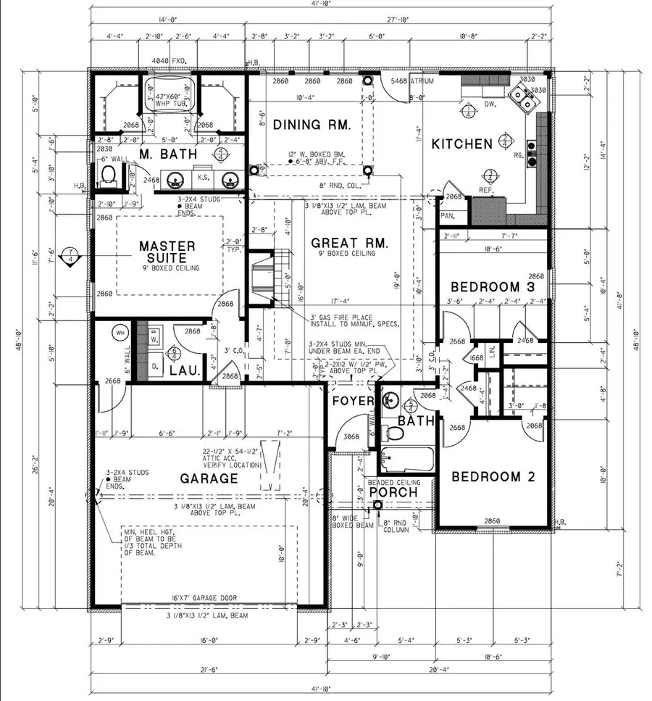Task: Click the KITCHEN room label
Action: [x=461, y=144]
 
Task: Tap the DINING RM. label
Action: [x=312, y=125]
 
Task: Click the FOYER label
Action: [x=353, y=401]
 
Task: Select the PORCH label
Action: [x=393, y=493]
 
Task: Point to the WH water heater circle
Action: [x=120, y=333]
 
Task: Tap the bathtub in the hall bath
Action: [x=406, y=459]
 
